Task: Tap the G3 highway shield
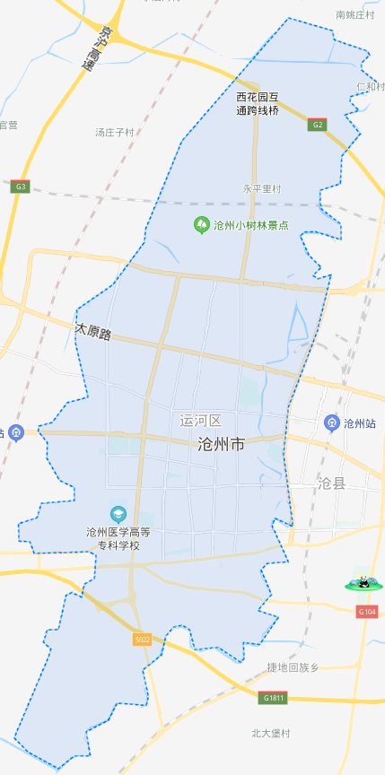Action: [x=21, y=187]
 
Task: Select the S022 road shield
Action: [x=142, y=640]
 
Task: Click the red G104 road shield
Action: [x=366, y=612]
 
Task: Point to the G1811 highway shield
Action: [x=275, y=697]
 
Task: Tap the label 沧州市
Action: [x=221, y=444]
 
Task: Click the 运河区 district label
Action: [x=200, y=420]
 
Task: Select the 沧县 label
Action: [x=331, y=483]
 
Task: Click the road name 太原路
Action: [x=93, y=332]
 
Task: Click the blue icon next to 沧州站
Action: [x=331, y=422]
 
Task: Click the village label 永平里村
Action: [x=262, y=189]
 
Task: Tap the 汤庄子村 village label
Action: [x=114, y=132]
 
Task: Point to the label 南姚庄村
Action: [x=355, y=14]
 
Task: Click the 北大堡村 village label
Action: [x=271, y=733]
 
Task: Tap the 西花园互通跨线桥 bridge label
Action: [x=258, y=103]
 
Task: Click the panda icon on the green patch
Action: [x=363, y=583]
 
